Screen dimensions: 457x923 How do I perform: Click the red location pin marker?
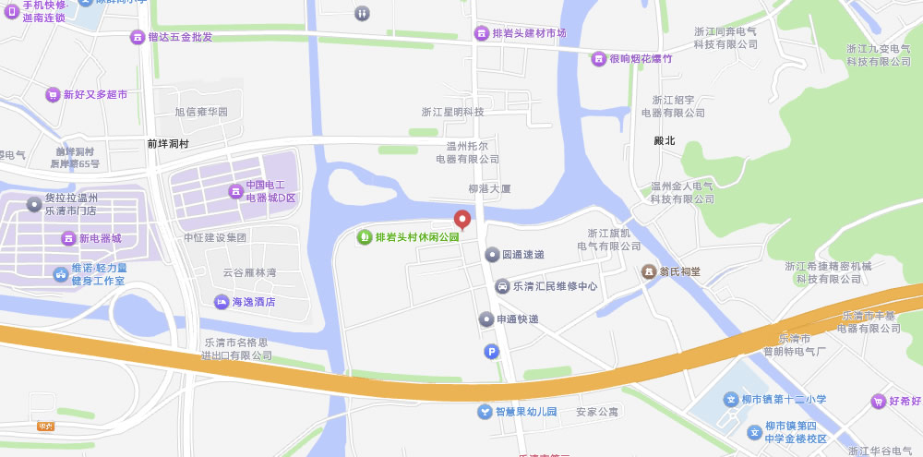point(462,219)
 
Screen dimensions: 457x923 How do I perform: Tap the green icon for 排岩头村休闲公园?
point(365,237)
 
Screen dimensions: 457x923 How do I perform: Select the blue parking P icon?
point(492,351)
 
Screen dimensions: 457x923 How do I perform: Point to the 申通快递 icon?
point(486,319)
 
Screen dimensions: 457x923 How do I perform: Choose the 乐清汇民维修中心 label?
point(555,286)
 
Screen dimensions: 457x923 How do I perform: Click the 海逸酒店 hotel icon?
point(222,302)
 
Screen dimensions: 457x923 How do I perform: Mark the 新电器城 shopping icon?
point(68,238)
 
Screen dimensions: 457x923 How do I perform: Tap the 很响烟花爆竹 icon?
point(599,59)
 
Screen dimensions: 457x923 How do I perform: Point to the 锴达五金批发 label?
point(180,38)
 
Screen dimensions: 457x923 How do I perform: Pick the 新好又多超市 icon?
point(53,95)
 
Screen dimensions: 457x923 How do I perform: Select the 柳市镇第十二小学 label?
point(783,400)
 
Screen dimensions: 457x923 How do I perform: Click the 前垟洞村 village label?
point(168,145)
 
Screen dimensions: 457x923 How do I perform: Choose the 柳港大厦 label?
point(489,188)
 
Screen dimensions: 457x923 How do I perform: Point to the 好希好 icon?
point(878,401)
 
